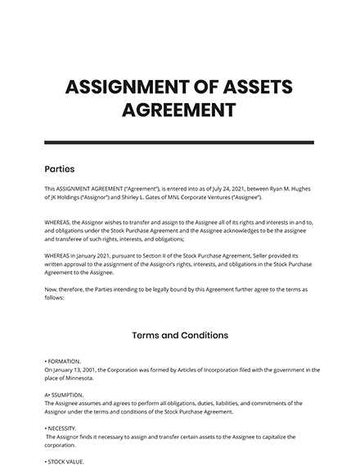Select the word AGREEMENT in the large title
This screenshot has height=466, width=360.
[x=179, y=110]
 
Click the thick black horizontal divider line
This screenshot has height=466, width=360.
[x=179, y=142]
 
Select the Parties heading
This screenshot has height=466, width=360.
[x=59, y=169]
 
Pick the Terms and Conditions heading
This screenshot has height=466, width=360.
[x=179, y=335]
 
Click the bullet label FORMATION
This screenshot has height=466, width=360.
[x=65, y=361]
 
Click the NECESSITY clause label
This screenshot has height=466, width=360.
[x=63, y=428]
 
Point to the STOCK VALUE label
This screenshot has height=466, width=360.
[x=66, y=462]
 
